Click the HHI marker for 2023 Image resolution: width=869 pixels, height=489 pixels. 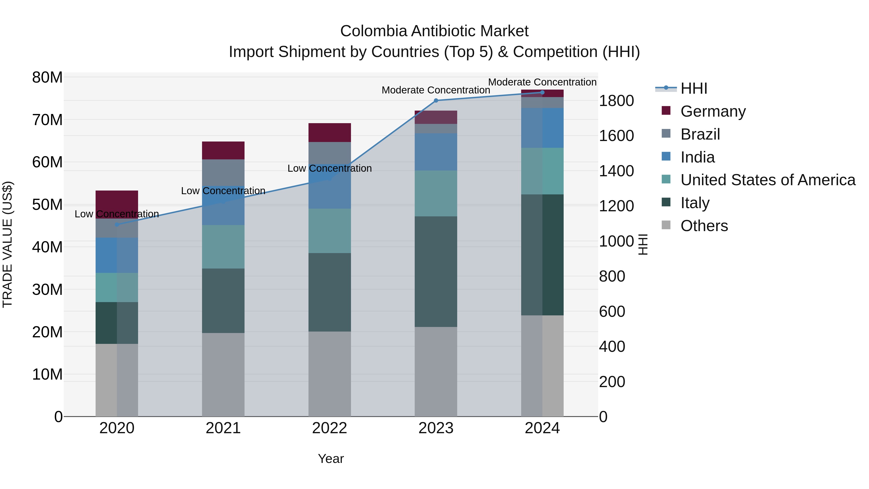pyautogui.click(x=436, y=100)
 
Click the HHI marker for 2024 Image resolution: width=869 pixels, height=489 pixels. pyautogui.click(x=542, y=92)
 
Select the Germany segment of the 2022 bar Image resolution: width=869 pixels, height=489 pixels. pyautogui.click(x=329, y=133)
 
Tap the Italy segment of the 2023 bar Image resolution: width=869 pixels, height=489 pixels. pyautogui.click(x=436, y=272)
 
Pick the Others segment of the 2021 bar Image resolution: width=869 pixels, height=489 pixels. pyautogui.click(x=223, y=375)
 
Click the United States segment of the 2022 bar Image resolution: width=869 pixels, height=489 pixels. pyautogui.click(x=329, y=231)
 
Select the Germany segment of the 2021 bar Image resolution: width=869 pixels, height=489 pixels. pyautogui.click(x=223, y=150)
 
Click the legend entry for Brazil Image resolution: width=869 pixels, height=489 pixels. pyautogui.click(x=700, y=134)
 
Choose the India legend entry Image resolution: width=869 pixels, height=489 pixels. pyautogui.click(x=697, y=157)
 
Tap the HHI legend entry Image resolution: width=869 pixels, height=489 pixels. pyautogui.click(x=694, y=88)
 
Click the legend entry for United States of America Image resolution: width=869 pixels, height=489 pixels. pyautogui.click(x=767, y=180)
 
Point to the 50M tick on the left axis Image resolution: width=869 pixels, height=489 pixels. pyautogui.click(x=47, y=205)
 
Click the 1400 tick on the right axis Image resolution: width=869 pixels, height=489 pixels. pyautogui.click(x=616, y=171)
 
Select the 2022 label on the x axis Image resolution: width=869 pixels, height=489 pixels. pyautogui.click(x=329, y=428)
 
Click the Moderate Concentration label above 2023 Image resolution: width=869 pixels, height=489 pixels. pyautogui.click(x=436, y=90)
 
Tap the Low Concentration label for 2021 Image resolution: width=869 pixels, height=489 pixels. pyautogui.click(x=223, y=191)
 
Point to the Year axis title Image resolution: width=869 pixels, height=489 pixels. pyautogui.click(x=331, y=459)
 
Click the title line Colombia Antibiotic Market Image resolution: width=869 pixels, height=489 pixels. pyautogui.click(x=434, y=31)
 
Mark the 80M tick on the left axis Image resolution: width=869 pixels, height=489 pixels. pyautogui.click(x=47, y=78)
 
